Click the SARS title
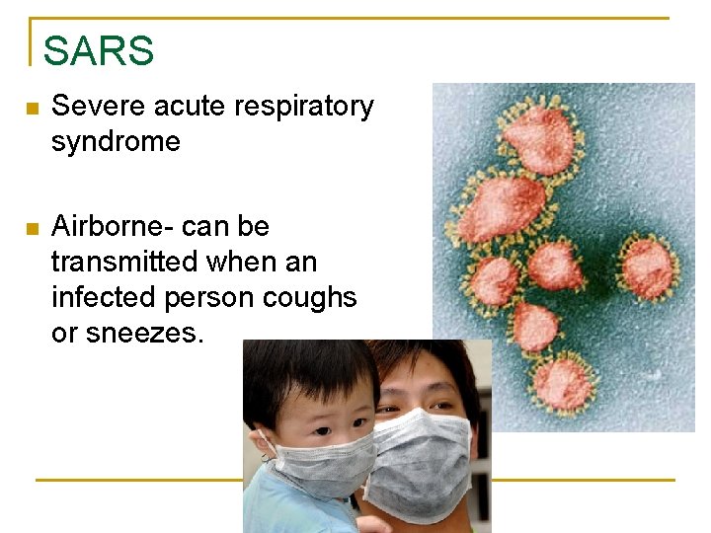(x=99, y=50)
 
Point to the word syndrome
(x=116, y=142)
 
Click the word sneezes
(x=155, y=334)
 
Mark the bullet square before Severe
(x=33, y=108)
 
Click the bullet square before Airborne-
(x=33, y=229)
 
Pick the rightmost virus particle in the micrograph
(x=649, y=266)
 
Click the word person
(x=200, y=298)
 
